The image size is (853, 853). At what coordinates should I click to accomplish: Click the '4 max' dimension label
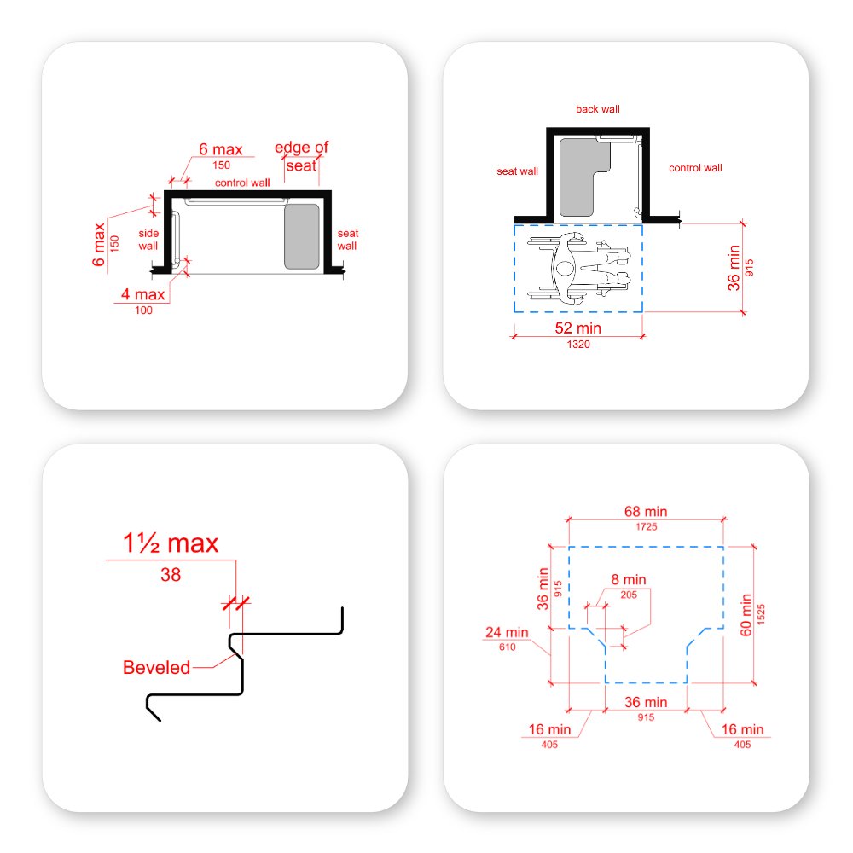coord(143,296)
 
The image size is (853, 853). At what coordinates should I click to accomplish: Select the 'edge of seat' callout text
coord(301,156)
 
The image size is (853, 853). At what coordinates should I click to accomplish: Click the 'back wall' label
coord(597,109)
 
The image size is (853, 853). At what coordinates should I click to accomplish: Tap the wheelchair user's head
coord(565,269)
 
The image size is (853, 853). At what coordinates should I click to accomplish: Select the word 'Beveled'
coord(156,667)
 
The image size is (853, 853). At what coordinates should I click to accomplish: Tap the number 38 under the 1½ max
coord(171,575)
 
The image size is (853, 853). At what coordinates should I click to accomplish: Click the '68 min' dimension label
coord(645,512)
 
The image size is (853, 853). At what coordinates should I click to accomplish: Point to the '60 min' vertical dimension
coord(745,615)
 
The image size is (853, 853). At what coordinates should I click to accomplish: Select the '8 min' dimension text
coord(628,580)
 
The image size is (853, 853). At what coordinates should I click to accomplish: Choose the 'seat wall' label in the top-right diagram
coord(517,171)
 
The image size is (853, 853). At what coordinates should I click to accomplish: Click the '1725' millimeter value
coord(645,528)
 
